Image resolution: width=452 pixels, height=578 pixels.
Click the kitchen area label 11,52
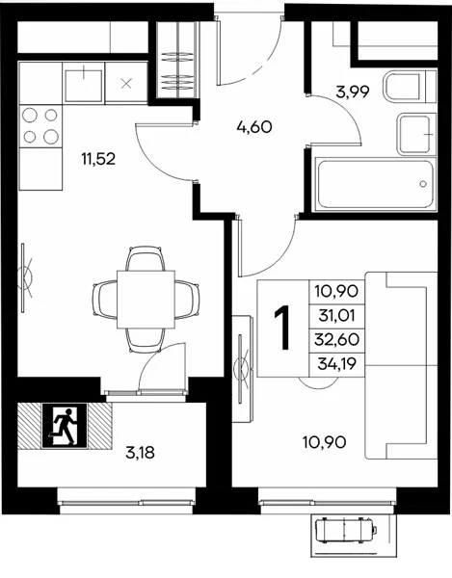click(x=98, y=159)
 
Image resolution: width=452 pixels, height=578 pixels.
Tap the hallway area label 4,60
click(x=254, y=127)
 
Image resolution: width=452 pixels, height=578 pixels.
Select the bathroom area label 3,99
click(x=353, y=92)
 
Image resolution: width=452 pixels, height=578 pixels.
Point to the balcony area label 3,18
click(x=140, y=453)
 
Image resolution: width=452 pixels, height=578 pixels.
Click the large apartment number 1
click(x=283, y=328)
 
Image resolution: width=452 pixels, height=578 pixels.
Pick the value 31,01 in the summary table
click(x=336, y=316)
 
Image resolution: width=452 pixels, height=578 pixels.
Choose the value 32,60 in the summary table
click(x=336, y=339)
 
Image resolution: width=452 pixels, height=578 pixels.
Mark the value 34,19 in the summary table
click(x=336, y=364)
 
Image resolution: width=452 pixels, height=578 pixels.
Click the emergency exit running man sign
click(x=65, y=426)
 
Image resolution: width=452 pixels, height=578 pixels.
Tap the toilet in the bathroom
click(x=410, y=88)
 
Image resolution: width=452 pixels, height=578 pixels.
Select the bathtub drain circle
click(x=423, y=184)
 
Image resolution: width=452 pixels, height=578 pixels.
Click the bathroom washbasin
click(x=414, y=135)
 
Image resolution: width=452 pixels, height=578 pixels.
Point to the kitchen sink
click(x=84, y=85)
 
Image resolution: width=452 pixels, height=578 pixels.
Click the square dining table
click(x=146, y=300)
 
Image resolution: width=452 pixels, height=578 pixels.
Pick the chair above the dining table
click(x=145, y=259)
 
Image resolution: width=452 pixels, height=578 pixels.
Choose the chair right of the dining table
click(x=187, y=300)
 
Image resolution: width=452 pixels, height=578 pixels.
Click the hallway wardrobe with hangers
click(x=175, y=60)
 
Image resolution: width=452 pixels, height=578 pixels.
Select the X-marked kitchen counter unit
click(x=126, y=84)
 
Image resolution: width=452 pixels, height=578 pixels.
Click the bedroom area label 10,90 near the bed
click(x=325, y=441)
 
